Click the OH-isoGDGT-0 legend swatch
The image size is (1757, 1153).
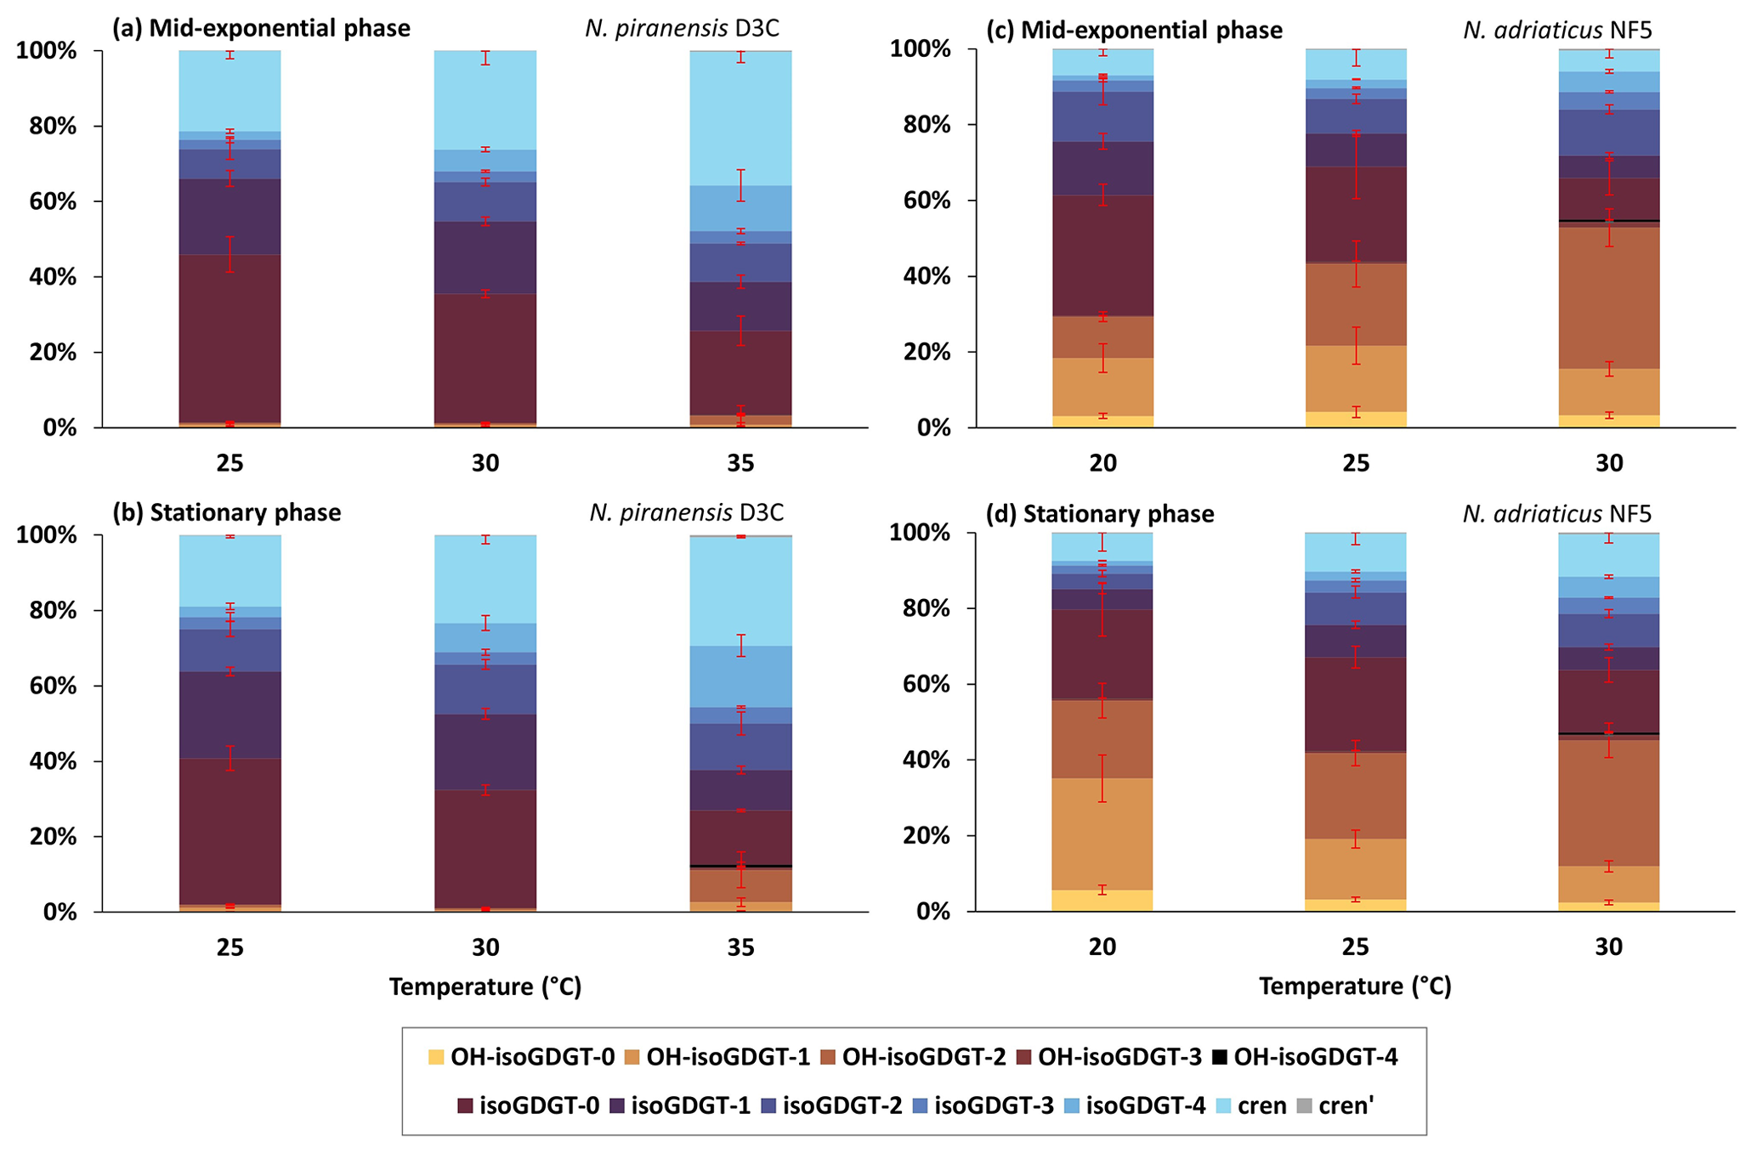coord(436,1058)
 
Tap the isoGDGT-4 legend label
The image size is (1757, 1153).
coord(1146,1106)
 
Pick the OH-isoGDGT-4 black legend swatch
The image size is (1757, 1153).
coord(1221,1058)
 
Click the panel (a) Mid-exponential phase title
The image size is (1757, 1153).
coord(262,28)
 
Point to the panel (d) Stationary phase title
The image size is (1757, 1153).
coord(1100,514)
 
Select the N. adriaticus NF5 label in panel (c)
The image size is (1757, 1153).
coord(1557,31)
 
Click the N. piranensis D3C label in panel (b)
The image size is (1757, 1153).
coord(686,512)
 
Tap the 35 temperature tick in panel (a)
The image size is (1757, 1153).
coord(740,463)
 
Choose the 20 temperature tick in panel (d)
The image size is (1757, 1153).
coord(1102,947)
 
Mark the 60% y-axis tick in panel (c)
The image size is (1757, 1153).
coord(913,201)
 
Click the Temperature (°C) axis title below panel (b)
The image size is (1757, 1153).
coord(485,987)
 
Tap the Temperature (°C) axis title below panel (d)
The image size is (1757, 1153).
coord(1355,986)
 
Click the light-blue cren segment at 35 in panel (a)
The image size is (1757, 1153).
coord(740,119)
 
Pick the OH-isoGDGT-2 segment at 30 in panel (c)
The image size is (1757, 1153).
coord(1608,297)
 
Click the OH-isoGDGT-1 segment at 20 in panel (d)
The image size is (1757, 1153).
coord(1102,834)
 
